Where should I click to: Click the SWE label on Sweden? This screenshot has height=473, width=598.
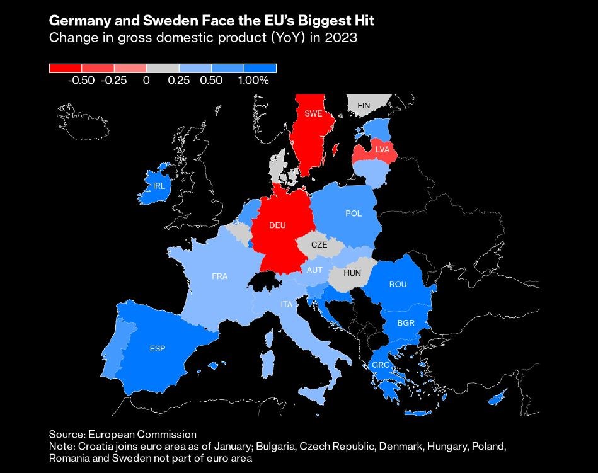click(x=313, y=114)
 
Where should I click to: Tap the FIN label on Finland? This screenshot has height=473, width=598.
click(x=364, y=105)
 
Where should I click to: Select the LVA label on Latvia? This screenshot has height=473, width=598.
click(x=382, y=150)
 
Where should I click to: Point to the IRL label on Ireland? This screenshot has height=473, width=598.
click(x=159, y=186)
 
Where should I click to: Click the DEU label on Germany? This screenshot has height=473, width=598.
click(x=277, y=225)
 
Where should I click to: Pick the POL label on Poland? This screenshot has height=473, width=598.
click(x=354, y=214)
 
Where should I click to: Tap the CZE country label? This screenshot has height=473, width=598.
click(x=319, y=245)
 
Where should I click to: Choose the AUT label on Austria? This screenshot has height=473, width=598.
click(x=314, y=270)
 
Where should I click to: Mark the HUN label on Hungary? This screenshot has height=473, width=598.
click(x=352, y=273)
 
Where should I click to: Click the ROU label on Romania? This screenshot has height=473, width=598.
click(x=398, y=285)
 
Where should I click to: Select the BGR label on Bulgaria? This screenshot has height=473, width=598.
click(x=405, y=323)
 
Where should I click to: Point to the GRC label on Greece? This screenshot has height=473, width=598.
click(x=381, y=365)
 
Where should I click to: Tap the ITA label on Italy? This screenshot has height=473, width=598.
click(x=287, y=304)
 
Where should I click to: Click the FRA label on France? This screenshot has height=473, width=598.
click(x=220, y=276)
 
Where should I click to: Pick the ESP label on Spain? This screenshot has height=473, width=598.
click(x=158, y=348)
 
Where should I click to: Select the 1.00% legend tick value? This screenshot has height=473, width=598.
click(x=253, y=81)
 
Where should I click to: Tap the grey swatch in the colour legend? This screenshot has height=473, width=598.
click(x=163, y=68)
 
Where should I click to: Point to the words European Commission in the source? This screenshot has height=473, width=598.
click(x=142, y=435)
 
